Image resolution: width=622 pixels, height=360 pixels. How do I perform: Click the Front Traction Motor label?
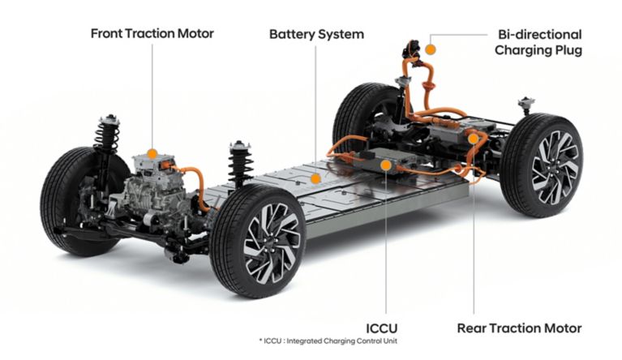click(x=152, y=33)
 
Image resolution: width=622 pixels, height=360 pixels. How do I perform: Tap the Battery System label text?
click(x=316, y=34)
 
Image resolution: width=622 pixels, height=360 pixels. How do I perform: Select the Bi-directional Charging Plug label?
click(x=538, y=42)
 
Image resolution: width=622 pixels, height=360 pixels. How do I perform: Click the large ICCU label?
click(x=381, y=328)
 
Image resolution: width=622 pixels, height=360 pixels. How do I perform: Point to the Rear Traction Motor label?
click(x=519, y=328)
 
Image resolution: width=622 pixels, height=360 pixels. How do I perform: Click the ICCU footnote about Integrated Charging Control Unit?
click(x=328, y=341)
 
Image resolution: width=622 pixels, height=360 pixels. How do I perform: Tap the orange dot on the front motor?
click(x=152, y=154)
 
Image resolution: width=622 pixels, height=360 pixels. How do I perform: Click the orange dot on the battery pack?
click(x=315, y=179)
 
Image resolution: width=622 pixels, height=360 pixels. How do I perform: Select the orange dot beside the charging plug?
click(x=430, y=49)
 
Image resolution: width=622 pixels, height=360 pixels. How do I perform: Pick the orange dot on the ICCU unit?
click(x=385, y=165)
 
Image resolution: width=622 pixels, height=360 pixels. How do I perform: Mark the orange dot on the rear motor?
click(x=473, y=139)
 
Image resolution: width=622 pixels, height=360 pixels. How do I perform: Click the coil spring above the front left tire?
click(x=107, y=134)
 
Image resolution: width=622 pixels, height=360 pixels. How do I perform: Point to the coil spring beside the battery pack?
click(x=240, y=163)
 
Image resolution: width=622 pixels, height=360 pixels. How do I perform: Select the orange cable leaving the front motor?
click(x=195, y=186)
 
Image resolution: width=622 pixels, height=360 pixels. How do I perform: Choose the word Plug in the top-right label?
click(x=567, y=51)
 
